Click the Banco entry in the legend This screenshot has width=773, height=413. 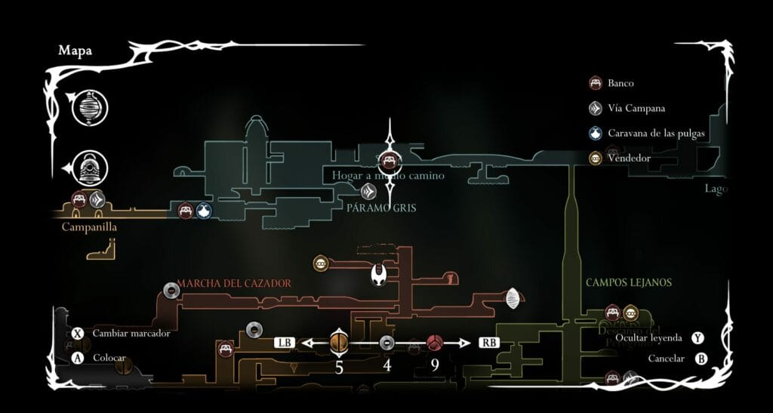click(x=596, y=83)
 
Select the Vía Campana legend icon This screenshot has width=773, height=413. click(x=596, y=108)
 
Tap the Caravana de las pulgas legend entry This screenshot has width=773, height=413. click(x=596, y=134)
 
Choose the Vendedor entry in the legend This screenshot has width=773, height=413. click(x=596, y=159)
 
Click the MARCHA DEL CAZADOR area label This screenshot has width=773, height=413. click(x=233, y=283)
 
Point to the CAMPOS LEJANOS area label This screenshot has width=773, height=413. click(x=628, y=282)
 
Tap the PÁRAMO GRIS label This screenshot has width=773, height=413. click(x=382, y=207)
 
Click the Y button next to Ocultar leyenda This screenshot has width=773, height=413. click(x=701, y=338)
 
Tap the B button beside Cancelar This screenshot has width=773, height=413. click(x=701, y=359)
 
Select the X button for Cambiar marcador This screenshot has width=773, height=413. click(x=77, y=333)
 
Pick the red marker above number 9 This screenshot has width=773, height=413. click(x=435, y=344)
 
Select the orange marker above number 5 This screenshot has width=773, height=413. click(x=339, y=343)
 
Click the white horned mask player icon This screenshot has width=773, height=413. click(x=380, y=275)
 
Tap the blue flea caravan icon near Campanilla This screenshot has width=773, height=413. click(x=204, y=211)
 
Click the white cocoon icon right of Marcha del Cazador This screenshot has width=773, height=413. click(x=513, y=298)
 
